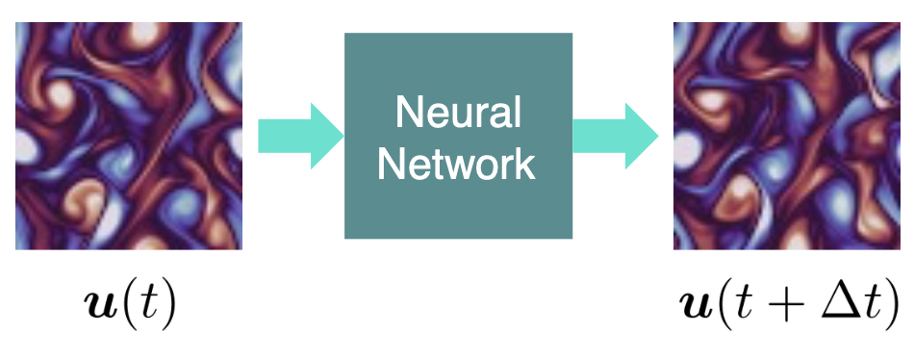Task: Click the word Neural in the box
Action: [x=458, y=116]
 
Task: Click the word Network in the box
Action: [x=458, y=164]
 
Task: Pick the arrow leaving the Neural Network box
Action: [x=616, y=134]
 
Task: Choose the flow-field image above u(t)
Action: [x=129, y=136]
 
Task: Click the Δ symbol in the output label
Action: [x=841, y=302]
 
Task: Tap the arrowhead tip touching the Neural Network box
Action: [x=342, y=134]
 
